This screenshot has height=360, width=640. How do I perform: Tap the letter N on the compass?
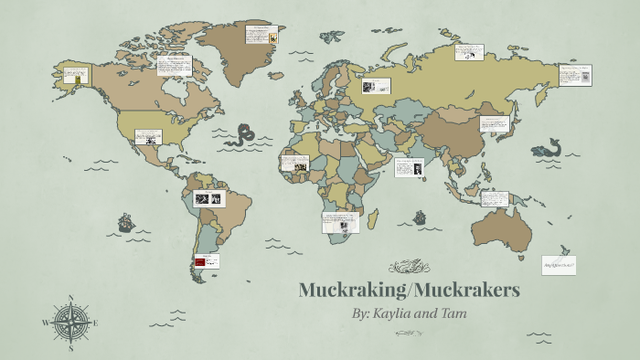click(x=71, y=297)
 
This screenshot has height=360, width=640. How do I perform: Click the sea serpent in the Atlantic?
click(x=243, y=136)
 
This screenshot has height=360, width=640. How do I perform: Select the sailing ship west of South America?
click(x=125, y=222)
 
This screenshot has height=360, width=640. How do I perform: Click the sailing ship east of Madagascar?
click(x=420, y=217)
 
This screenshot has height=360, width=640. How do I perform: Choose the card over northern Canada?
click(x=173, y=67)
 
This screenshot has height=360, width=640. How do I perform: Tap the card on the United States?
click(x=148, y=137)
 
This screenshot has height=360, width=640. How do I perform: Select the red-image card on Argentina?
click(x=207, y=261)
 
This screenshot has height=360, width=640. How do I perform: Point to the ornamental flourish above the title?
click(x=408, y=267)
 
